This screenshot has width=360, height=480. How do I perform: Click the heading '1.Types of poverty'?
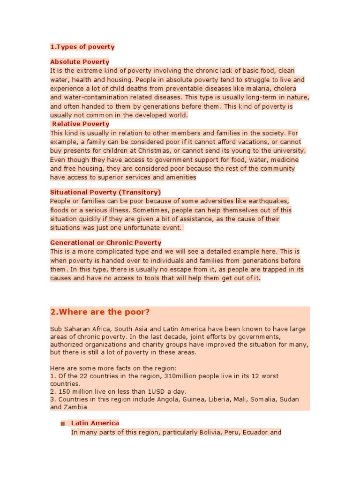pyautogui.click(x=82, y=47)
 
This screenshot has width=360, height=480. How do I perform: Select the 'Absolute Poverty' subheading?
pyautogui.click(x=80, y=62)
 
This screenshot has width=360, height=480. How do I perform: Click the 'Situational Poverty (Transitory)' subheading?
pyautogui.click(x=105, y=192)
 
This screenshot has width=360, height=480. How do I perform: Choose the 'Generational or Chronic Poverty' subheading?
pyautogui.click(x=105, y=243)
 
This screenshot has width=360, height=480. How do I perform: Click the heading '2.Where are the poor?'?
pyautogui.click(x=100, y=312)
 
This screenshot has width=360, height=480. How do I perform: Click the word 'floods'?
pyautogui.click(x=60, y=210)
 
